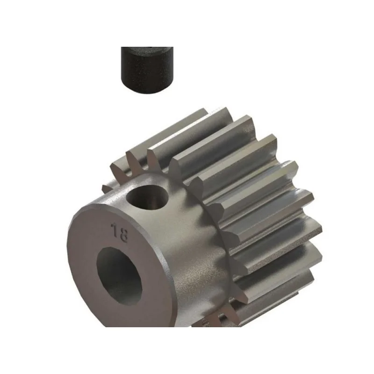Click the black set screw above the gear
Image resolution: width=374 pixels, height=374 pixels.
click(147, 70)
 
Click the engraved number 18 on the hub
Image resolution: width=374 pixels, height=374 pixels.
click(119, 232)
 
